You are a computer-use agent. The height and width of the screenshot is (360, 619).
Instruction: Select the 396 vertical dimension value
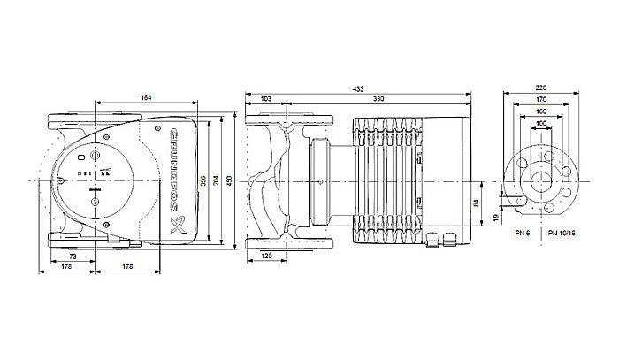(x=204, y=181)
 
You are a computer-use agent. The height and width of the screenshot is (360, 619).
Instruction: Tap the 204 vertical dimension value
(x=217, y=181)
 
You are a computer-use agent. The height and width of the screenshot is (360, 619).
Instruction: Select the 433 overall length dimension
(x=357, y=89)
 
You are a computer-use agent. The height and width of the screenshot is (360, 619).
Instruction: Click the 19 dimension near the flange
(x=496, y=216)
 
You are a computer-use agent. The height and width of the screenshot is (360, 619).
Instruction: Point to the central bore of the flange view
(x=541, y=181)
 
